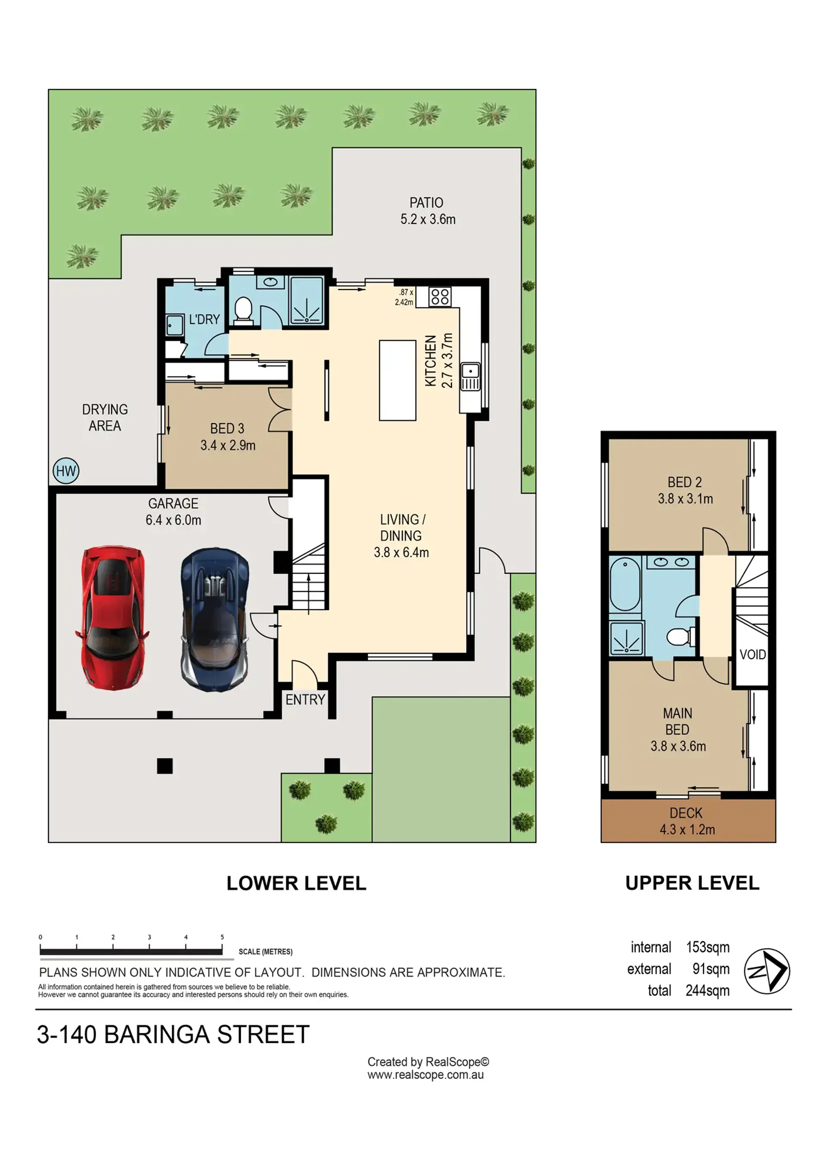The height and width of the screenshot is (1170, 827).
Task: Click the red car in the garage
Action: (112, 618)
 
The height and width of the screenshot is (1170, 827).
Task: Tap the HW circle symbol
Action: (66, 471)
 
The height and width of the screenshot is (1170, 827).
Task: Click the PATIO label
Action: (426, 203)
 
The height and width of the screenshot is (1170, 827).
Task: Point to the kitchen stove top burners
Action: (439, 296)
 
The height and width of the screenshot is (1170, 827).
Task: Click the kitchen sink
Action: (470, 377)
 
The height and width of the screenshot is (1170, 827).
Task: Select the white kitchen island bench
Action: (397, 380)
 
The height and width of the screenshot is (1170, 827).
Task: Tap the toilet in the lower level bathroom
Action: (243, 310)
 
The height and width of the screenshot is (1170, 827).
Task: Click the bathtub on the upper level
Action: (625, 584)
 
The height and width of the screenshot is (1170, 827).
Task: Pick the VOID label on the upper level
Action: (752, 654)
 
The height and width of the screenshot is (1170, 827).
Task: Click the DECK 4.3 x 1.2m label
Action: (687, 821)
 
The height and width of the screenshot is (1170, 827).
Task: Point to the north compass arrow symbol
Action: (767, 971)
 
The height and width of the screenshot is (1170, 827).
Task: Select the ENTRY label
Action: (305, 700)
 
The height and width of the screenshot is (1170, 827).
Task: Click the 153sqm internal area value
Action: (707, 947)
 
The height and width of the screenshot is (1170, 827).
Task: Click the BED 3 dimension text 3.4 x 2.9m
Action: (227, 445)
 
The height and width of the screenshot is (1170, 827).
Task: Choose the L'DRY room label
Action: (204, 319)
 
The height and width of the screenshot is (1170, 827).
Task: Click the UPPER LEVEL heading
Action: (692, 883)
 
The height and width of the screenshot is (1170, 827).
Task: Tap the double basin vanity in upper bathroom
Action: (671, 562)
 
